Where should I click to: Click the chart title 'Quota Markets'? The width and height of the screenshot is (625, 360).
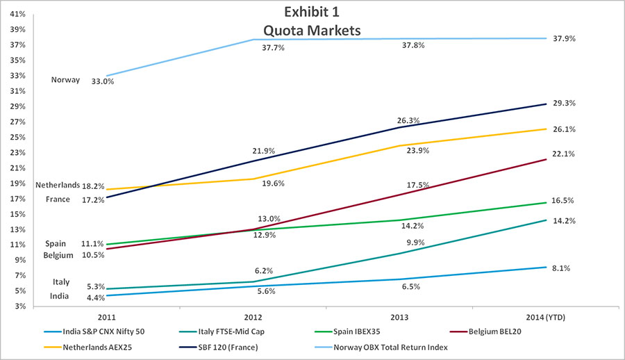click(312, 31)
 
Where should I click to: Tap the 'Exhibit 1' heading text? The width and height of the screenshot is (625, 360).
click(312, 13)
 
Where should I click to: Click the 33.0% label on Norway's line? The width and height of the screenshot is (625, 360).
click(102, 81)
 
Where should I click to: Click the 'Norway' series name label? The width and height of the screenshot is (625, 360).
click(66, 80)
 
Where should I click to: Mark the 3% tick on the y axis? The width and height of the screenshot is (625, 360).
click(21, 306)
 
